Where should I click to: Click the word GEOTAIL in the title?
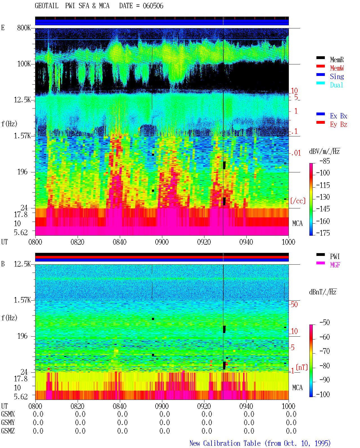pos(47,6)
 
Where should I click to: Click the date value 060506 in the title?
pos(153,6)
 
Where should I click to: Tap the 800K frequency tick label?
pos(24,28)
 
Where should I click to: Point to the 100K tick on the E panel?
pos(24,64)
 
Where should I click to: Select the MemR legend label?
pos(337,60)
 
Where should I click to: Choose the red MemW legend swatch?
pos(320,66)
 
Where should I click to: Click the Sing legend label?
pos(337,76)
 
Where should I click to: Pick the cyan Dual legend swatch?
pos(320,83)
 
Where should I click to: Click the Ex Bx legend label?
pos(339,116)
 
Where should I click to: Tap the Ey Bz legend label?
pos(339,125)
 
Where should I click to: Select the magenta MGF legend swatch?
pos(320,263)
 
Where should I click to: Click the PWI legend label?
pos(335,256)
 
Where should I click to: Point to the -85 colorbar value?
pos(325,161)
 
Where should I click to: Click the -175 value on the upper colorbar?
pos(323,233)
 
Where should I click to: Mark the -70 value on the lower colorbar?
pos(325,351)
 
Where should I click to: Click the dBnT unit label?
pos(323,292)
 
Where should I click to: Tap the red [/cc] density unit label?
pos(298,201)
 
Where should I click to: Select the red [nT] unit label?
pos(302,367)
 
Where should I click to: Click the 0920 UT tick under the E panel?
pos(204,242)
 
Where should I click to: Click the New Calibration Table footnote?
pos(260,444)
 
